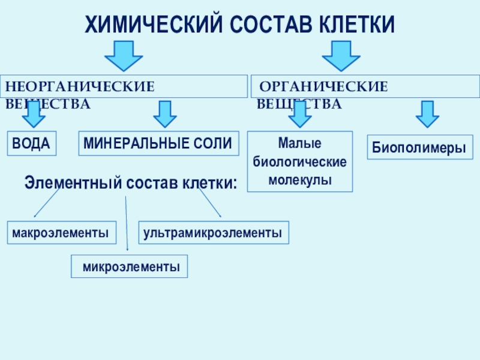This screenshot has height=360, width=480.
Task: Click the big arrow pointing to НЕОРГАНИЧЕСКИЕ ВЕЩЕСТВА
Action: [x=124, y=55]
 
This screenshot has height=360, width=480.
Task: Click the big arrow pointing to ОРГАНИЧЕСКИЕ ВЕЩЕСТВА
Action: [x=341, y=55]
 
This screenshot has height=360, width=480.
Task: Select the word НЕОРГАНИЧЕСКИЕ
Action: [x=80, y=86]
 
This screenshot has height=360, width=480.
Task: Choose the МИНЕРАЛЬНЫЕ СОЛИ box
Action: [x=157, y=143]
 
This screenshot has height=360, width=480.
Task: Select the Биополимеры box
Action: [x=419, y=147]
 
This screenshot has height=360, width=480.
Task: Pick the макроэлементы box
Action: [x=62, y=232]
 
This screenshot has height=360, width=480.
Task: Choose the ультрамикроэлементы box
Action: [x=214, y=232]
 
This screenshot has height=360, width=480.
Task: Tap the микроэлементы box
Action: [x=130, y=266]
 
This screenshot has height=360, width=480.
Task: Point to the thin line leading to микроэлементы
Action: [x=127, y=222]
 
